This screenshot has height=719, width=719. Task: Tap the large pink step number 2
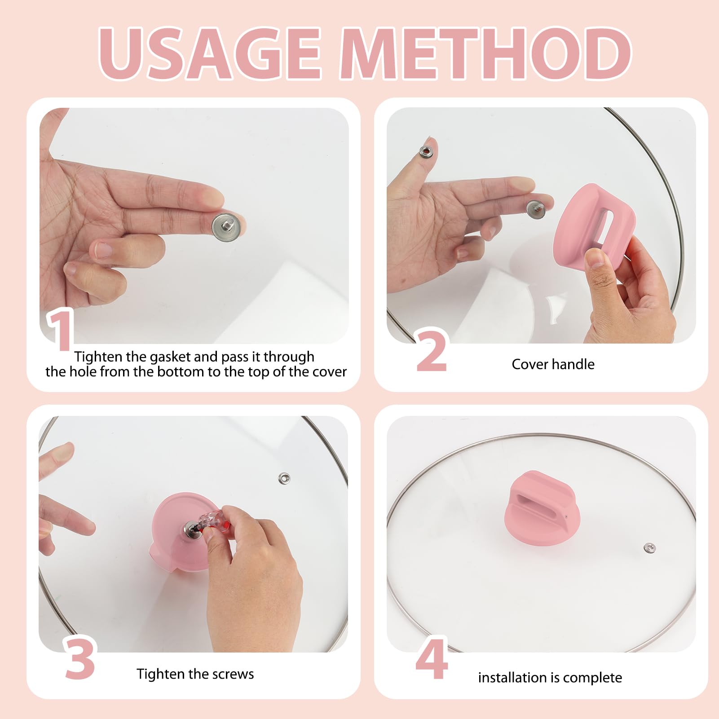click(432, 351)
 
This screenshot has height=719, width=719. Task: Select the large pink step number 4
click(432, 658)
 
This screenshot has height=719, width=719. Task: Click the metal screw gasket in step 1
click(229, 227)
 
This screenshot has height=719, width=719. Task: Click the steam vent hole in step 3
click(284, 478)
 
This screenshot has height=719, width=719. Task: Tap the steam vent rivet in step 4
click(649, 548)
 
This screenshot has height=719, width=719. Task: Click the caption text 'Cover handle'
click(553, 364)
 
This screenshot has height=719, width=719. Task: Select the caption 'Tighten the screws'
click(195, 674)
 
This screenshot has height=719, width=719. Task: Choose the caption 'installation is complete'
click(550, 678)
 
